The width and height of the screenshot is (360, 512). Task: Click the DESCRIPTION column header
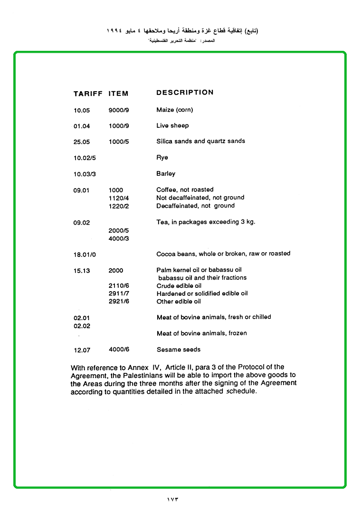185,93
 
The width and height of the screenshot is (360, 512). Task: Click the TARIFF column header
88,94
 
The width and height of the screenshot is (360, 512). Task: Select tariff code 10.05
82,111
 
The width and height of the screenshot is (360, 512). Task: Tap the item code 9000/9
119,110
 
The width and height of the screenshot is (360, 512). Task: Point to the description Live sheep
172,126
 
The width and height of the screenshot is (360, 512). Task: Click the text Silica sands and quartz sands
200,141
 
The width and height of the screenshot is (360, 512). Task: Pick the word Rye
162,158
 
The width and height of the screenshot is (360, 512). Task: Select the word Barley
166,174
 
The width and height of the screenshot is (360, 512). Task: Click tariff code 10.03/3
85,174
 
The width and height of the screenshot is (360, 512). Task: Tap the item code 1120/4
119,198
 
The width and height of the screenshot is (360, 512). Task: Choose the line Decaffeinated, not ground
195,206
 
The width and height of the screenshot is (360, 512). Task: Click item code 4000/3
119,239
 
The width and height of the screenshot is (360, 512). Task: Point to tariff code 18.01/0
85,255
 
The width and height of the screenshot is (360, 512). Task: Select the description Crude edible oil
179,286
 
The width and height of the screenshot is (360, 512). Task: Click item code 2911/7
119,294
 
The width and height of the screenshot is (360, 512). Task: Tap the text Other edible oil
179,302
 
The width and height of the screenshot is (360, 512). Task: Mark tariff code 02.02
82,326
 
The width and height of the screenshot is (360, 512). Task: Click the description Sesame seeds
179,350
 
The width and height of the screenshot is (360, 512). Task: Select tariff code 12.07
82,351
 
